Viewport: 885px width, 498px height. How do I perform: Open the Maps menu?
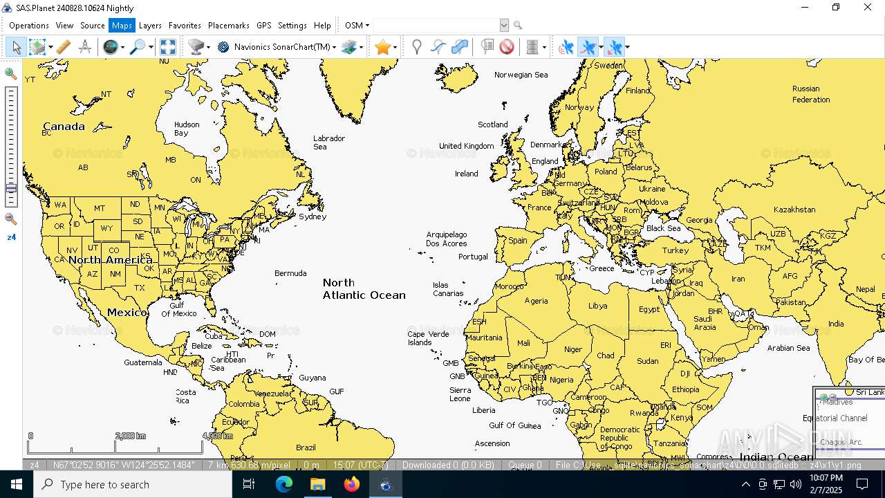tap(122, 26)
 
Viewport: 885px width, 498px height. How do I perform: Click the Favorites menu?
tap(185, 26)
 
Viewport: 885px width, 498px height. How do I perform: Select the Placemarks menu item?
tap(228, 26)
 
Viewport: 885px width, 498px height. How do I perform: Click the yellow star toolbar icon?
tap(382, 47)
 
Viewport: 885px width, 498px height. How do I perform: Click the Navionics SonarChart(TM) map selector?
tap(281, 47)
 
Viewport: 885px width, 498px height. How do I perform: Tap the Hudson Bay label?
tap(187, 129)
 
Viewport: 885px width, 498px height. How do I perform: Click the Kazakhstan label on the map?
tap(794, 210)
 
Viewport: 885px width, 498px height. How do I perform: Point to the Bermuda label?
tap(290, 273)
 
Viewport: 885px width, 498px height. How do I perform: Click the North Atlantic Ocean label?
tap(364, 289)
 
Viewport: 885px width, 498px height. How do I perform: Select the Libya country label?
tap(597, 306)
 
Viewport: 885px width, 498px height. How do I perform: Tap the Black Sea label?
tap(663, 228)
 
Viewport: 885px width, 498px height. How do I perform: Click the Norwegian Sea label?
tap(521, 75)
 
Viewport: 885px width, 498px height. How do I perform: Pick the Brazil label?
tap(306, 448)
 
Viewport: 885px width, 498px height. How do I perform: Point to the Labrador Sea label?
tap(329, 142)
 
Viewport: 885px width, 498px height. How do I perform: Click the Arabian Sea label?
tap(788, 348)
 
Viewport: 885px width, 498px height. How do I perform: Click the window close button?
tap(868, 8)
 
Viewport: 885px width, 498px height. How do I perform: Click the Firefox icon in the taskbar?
tap(352, 484)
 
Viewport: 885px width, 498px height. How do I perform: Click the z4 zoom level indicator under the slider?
tap(11, 237)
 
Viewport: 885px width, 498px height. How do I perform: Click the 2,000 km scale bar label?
tap(130, 436)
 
